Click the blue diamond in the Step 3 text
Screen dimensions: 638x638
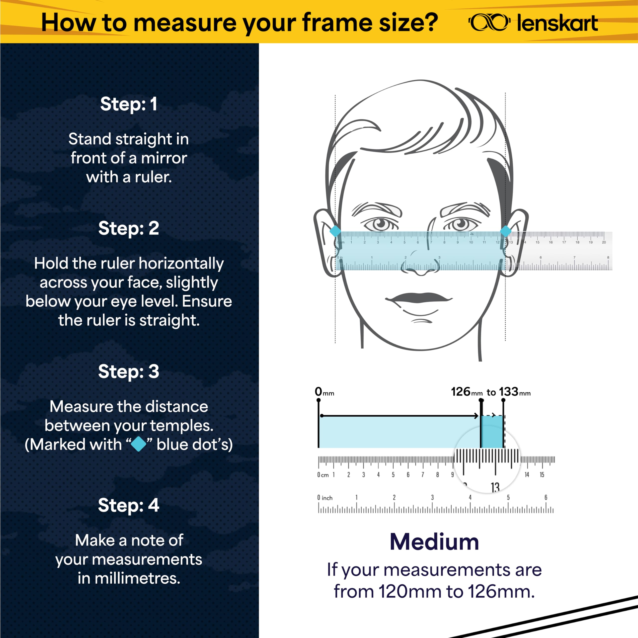[139, 444]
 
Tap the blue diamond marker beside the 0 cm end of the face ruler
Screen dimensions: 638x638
[335, 231]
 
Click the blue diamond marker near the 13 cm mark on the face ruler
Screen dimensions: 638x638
[506, 231]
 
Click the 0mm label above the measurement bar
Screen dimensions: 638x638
[324, 392]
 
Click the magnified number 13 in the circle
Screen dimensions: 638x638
[495, 487]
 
